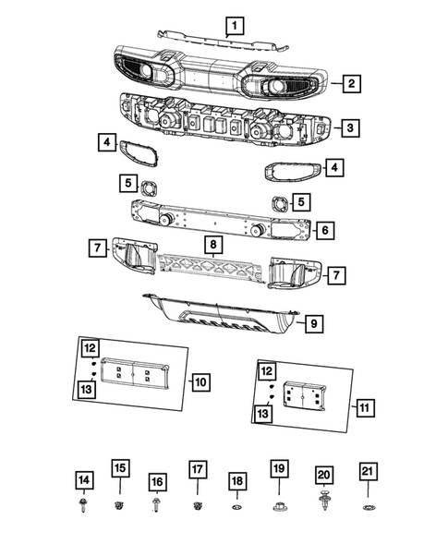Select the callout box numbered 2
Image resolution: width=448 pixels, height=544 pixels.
[351, 85]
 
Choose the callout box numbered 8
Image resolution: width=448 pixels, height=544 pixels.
[212, 245]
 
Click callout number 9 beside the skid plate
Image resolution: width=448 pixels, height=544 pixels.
[314, 323]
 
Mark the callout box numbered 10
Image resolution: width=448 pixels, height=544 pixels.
[200, 381]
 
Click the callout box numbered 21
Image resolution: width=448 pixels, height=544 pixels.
[367, 473]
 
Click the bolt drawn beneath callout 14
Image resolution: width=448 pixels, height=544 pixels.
[84, 506]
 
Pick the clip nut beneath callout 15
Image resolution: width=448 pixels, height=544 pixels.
[119, 506]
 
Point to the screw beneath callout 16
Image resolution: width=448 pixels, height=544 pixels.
[157, 506]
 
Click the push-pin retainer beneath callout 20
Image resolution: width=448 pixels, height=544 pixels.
[324, 505]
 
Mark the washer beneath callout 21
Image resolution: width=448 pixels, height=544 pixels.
[367, 508]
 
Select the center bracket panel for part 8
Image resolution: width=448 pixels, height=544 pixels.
[214, 273]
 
